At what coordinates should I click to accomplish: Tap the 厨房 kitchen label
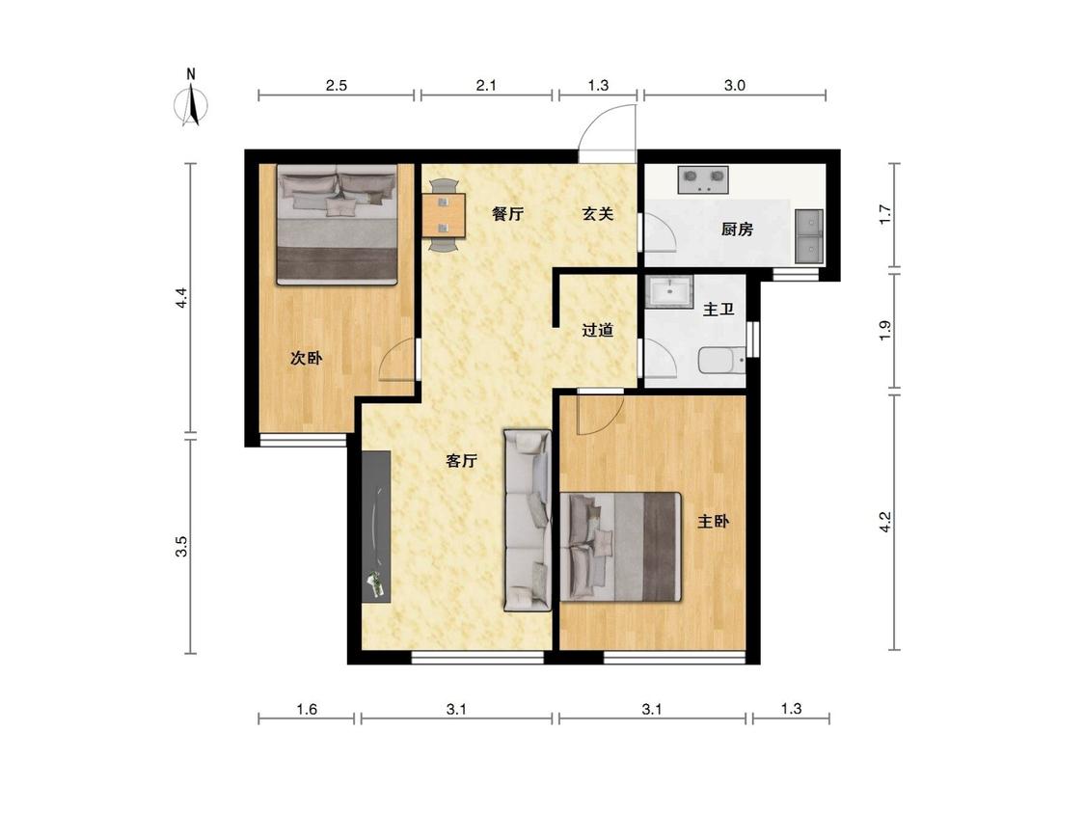(x=737, y=230)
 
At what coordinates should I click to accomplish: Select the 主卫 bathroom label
(x=719, y=310)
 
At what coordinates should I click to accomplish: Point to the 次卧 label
(x=306, y=358)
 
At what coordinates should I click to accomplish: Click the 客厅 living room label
(x=462, y=460)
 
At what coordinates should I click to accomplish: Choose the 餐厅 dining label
(x=507, y=214)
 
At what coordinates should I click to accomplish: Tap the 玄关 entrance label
(x=597, y=214)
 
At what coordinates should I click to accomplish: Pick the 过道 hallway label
(x=597, y=330)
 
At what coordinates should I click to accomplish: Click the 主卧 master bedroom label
(x=713, y=521)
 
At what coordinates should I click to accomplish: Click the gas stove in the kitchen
(x=703, y=179)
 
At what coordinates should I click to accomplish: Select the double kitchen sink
(x=809, y=236)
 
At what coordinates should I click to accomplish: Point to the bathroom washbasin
(x=670, y=291)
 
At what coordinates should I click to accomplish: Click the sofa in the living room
(x=528, y=521)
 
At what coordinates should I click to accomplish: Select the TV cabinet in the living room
(x=376, y=527)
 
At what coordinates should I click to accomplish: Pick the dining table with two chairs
(x=443, y=215)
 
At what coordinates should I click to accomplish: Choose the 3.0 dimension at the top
(x=734, y=85)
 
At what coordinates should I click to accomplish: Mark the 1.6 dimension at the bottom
(x=307, y=709)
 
